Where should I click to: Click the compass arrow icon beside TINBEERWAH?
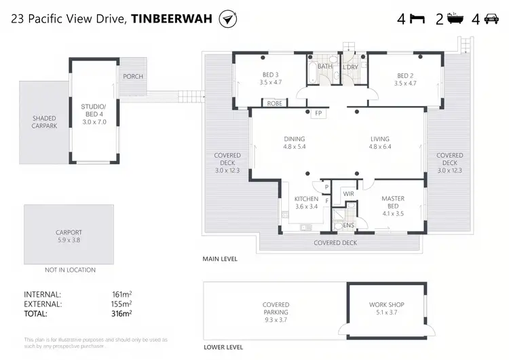[228, 19]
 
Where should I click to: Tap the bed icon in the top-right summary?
[417, 19]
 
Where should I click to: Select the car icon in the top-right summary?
[491, 19]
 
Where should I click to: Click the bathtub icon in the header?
[453, 19]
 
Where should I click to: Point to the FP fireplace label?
[318, 113]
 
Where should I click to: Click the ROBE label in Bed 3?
[274, 103]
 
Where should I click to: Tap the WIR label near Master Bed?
[349, 194]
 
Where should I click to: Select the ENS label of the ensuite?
[349, 225]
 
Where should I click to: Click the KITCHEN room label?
[306, 199]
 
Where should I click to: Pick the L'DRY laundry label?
[350, 67]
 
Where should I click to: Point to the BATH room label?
[325, 67]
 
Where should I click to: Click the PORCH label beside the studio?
[133, 76]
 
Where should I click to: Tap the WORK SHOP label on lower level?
[386, 305]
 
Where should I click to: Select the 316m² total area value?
[121, 314]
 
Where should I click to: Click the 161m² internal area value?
[121, 295]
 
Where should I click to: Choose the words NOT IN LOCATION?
[70, 270]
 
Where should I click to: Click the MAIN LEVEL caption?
[219, 259]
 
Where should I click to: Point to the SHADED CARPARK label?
[44, 122]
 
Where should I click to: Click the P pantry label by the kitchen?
[326, 187]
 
